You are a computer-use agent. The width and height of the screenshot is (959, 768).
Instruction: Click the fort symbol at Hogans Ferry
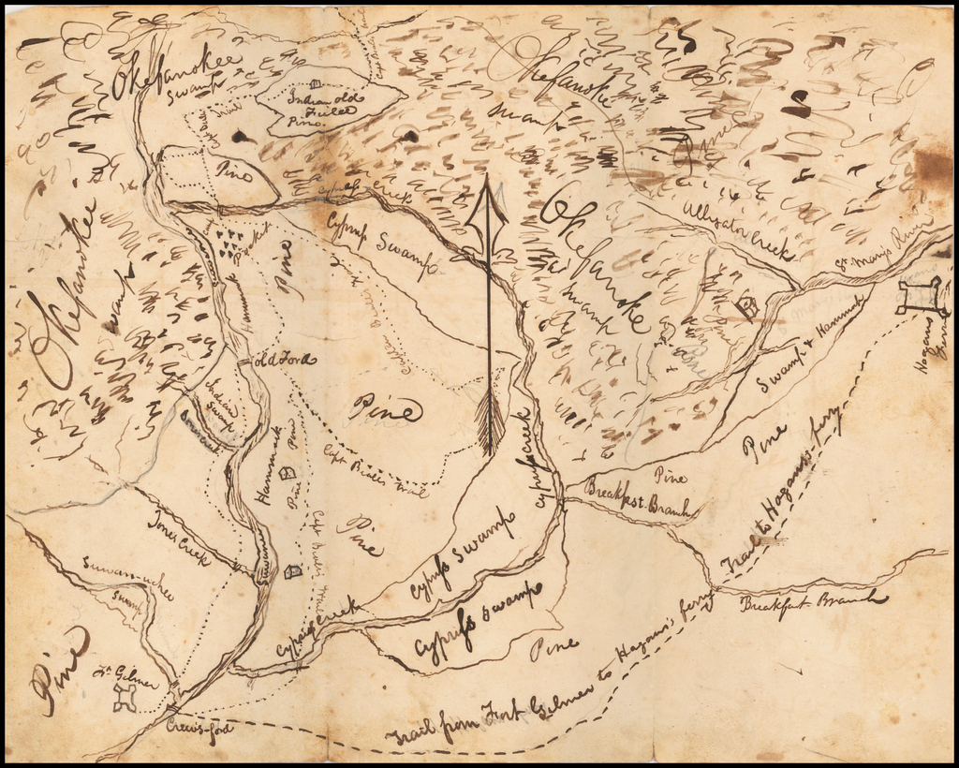920,297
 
